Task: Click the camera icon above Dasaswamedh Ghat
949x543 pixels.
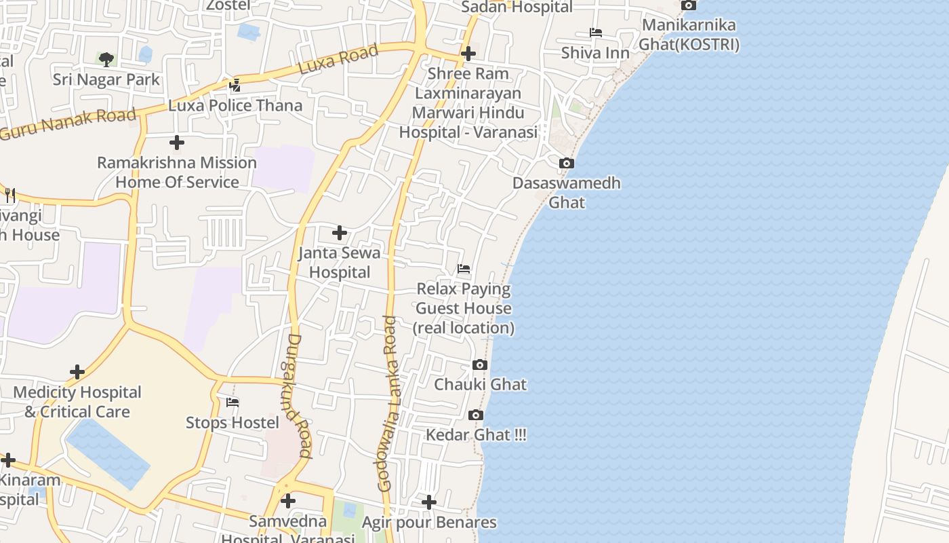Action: click(567, 164)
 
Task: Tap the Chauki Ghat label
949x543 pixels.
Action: click(480, 384)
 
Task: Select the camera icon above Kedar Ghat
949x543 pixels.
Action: click(476, 415)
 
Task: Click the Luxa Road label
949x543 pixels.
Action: click(338, 60)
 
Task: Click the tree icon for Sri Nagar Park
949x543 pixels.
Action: click(106, 60)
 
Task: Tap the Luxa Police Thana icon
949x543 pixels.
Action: click(235, 86)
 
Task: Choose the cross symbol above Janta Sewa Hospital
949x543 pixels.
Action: click(340, 233)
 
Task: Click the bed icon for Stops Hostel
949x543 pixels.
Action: click(233, 402)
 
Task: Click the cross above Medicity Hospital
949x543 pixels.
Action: click(77, 372)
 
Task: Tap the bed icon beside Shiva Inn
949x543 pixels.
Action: click(595, 33)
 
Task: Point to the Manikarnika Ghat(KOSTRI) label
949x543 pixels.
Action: click(690, 35)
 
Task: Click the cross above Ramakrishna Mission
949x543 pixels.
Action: click(177, 143)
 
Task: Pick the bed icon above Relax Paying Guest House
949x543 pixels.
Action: click(464, 269)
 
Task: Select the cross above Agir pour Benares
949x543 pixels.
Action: click(429, 502)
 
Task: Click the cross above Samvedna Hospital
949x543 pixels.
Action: click(288, 502)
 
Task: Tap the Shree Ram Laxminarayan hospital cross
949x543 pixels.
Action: click(468, 53)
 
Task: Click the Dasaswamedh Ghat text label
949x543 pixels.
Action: click(566, 193)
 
